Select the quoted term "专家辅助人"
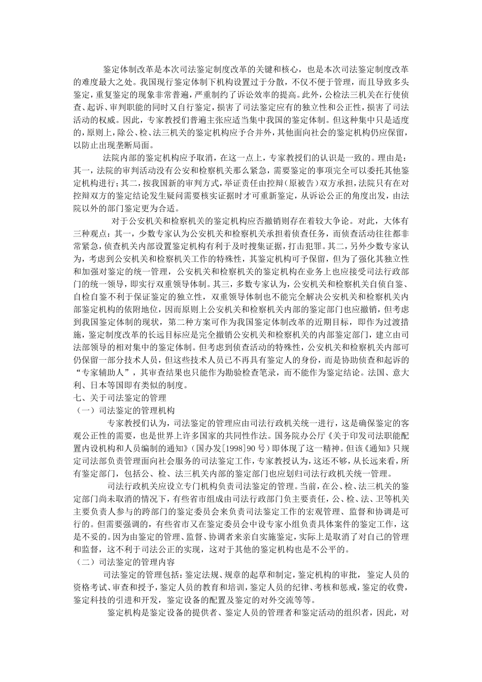pyautogui.click(x=101, y=372)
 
